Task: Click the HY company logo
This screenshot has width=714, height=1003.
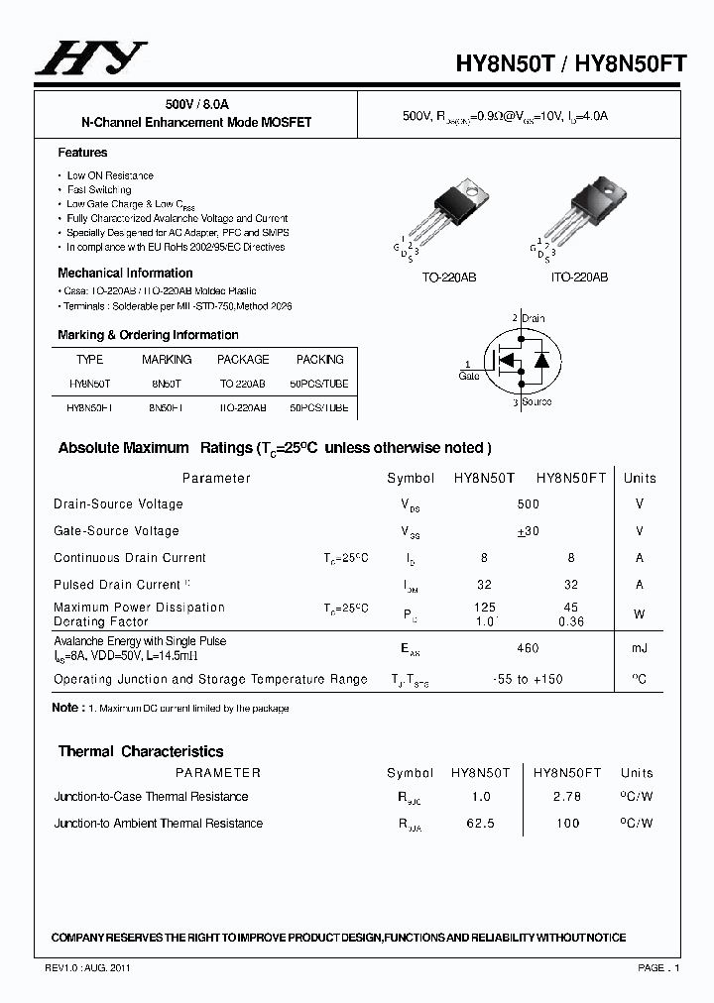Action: tap(90, 58)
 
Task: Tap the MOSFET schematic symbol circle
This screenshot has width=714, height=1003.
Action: tap(522, 361)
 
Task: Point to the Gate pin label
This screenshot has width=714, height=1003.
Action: tap(468, 377)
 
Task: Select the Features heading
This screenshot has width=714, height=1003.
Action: tap(82, 153)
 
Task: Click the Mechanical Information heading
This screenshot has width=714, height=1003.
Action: tap(125, 273)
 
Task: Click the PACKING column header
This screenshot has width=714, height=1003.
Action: tap(319, 360)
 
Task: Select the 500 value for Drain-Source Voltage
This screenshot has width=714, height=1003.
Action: tap(528, 504)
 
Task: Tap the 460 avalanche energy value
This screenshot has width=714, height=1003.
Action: tap(528, 649)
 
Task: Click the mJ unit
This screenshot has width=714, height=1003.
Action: tap(640, 649)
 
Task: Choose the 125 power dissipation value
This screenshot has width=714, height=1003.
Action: tap(485, 608)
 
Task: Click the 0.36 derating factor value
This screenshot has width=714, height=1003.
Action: tap(571, 622)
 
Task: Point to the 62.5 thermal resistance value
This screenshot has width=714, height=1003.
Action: tap(480, 824)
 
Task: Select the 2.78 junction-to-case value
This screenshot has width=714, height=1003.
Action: tap(567, 797)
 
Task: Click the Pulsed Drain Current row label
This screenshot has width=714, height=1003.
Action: tap(117, 585)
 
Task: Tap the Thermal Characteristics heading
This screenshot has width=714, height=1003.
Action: tap(141, 751)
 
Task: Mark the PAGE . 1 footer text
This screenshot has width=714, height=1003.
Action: tap(658, 967)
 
